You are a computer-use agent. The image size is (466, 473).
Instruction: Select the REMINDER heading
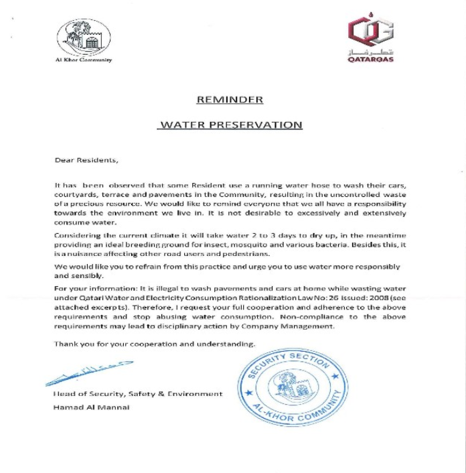tap(229, 100)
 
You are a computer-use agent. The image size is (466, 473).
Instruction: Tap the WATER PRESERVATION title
tap(230, 125)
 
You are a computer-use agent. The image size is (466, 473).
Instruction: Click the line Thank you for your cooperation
tap(155, 344)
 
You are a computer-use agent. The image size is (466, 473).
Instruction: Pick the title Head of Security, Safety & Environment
tap(137, 394)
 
